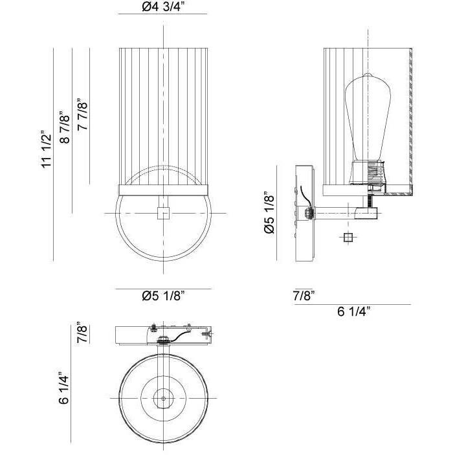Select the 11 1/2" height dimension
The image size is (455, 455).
pos(46,150)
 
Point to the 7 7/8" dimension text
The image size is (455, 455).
pos(82,115)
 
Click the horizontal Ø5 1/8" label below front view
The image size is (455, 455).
pos(164,296)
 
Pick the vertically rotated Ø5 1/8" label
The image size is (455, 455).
pos(270,214)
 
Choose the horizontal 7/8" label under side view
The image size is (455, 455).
pos(304,296)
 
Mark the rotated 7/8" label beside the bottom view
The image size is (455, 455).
pos(81,333)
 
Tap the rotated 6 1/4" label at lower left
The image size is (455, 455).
pos(63,388)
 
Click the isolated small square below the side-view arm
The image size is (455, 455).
pos(348,238)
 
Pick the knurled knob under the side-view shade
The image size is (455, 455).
pos(366,212)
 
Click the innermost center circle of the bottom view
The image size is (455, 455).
pos(162,397)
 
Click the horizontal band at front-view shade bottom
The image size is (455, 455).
pos(164,189)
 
